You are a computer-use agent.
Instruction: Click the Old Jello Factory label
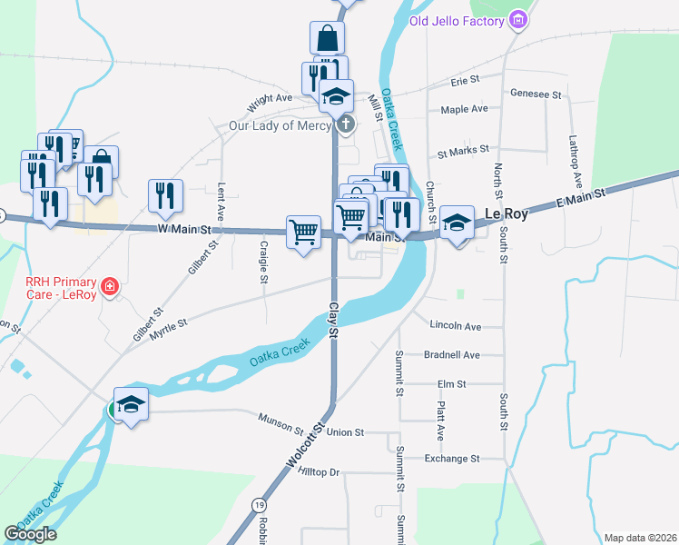pos(458,20)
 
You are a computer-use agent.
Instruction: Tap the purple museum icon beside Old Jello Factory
pos(518,19)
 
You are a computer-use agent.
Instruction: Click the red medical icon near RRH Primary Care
pos(109,287)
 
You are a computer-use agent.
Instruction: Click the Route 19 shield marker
pos(260,504)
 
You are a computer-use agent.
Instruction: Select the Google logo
pos(31,534)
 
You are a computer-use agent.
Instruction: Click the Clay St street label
pos(333,321)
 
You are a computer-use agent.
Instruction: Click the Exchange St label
pos(451,459)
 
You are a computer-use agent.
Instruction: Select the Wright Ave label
pos(270,97)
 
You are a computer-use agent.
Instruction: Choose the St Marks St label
pos(463,149)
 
